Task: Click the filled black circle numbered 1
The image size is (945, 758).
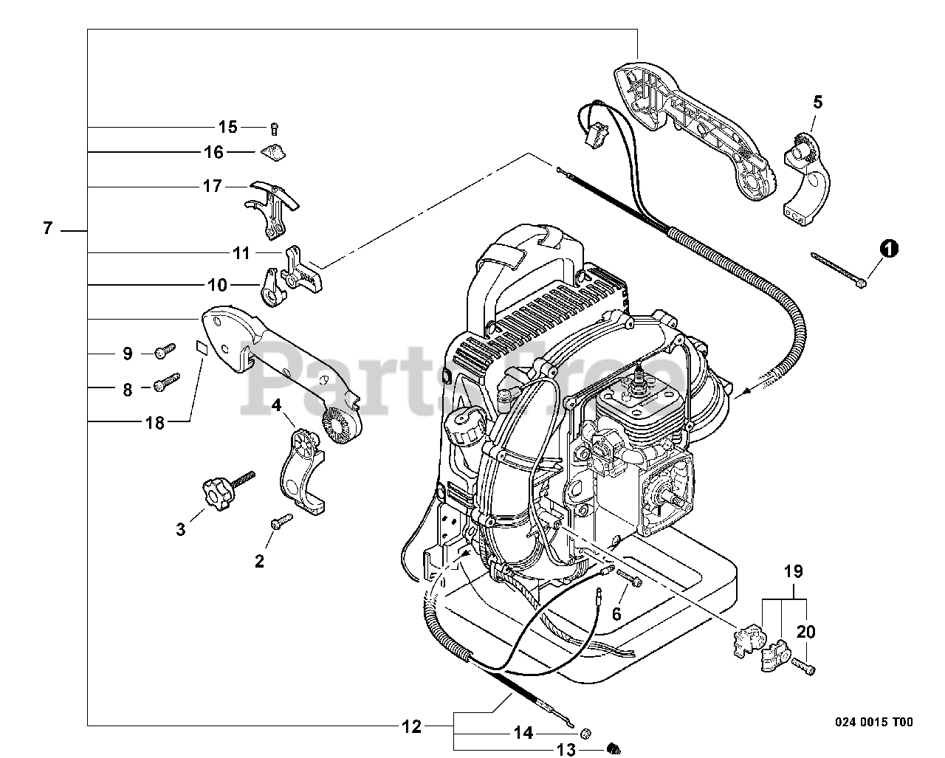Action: [889, 249]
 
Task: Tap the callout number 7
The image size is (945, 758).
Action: [48, 228]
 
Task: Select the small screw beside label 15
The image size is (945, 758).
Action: [275, 129]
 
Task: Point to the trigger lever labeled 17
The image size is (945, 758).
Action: [272, 208]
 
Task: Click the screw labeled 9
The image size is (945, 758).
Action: [165, 351]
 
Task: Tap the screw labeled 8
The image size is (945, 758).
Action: [167, 382]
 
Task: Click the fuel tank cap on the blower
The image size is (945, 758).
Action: [465, 427]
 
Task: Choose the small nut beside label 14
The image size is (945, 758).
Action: [585, 732]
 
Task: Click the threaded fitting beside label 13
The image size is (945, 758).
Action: [614, 748]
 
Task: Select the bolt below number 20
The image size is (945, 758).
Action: [803, 667]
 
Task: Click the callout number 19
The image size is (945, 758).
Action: [793, 571]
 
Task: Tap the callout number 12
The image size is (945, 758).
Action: [411, 727]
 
